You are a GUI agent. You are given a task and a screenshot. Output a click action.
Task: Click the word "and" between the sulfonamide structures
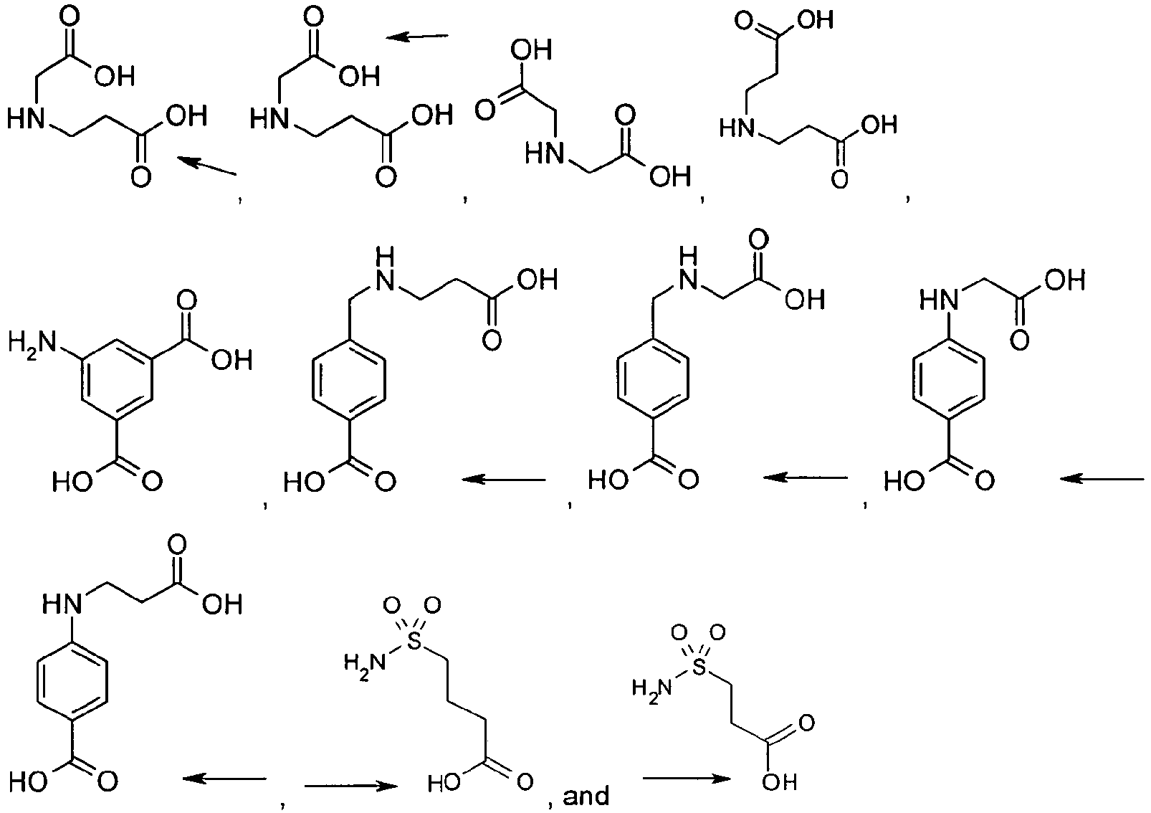[586, 796]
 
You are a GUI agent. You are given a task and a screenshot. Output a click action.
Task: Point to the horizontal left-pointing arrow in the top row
[418, 36]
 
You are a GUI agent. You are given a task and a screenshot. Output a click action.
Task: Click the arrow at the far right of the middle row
[1103, 478]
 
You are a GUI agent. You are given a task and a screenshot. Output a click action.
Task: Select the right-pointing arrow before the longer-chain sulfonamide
[351, 786]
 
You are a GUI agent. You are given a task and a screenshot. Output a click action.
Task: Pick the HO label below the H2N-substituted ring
[70, 480]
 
